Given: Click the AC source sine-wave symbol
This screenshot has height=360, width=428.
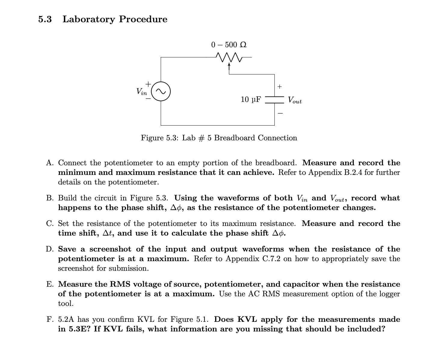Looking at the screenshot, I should click(x=161, y=91).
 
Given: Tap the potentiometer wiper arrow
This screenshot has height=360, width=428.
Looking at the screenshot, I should click(x=229, y=65).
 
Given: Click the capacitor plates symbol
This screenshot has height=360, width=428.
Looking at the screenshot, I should click(x=274, y=100).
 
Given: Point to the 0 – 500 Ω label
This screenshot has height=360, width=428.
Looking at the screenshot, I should click(x=229, y=45).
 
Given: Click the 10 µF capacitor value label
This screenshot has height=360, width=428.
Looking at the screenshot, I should click(x=251, y=99).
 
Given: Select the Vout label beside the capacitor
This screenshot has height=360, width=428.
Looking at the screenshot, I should click(x=294, y=100).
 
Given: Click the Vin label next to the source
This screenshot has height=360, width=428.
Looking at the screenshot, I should click(x=141, y=91).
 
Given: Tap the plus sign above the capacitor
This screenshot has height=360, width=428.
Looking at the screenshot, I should click(x=280, y=87).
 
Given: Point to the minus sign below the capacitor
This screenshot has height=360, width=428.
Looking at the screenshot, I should click(x=280, y=113).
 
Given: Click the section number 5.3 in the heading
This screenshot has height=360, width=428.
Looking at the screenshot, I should click(x=45, y=20).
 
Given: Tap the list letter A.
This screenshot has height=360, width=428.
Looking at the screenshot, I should click(x=50, y=163).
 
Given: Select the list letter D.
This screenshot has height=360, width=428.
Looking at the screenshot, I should click(x=50, y=249).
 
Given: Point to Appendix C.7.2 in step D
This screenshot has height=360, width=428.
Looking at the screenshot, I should click(x=253, y=259).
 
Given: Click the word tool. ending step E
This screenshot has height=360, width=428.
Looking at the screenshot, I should click(x=66, y=304).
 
